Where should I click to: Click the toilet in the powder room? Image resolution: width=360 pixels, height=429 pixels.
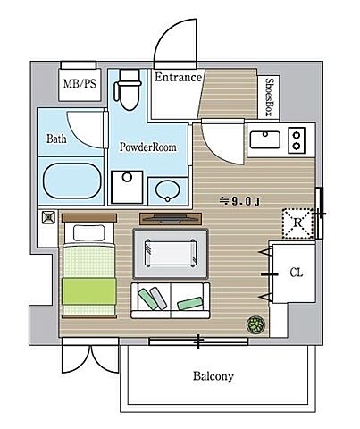(128, 89)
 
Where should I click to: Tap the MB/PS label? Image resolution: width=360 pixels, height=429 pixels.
(80, 84)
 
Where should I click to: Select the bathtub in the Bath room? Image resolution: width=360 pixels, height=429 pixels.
(72, 181)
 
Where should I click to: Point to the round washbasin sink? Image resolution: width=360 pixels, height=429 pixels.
(168, 191)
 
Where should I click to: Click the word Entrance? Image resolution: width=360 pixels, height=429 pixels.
(178, 77)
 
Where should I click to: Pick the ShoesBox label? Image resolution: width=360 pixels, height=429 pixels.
(269, 97)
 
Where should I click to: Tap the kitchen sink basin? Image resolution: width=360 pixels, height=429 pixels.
(265, 139)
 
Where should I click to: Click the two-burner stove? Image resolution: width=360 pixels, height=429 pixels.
(297, 140)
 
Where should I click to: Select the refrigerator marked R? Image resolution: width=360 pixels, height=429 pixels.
(297, 223)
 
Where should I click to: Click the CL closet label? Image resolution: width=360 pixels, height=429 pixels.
(297, 273)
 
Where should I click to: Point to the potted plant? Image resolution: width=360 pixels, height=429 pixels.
(255, 324)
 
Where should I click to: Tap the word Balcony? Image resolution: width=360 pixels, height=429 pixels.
(213, 376)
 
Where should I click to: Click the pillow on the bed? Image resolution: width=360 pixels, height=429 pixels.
(89, 233)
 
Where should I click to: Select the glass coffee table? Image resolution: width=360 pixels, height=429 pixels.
(171, 253)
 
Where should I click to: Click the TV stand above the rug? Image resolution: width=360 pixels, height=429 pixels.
(171, 218)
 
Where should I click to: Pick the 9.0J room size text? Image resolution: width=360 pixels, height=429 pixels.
(239, 202)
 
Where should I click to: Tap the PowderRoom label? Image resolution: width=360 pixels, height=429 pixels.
(147, 147)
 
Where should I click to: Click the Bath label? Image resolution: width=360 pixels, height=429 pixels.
(56, 139)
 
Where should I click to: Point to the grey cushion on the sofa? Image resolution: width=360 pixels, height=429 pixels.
(158, 299)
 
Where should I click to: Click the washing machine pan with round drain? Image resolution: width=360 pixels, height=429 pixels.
(127, 187)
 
